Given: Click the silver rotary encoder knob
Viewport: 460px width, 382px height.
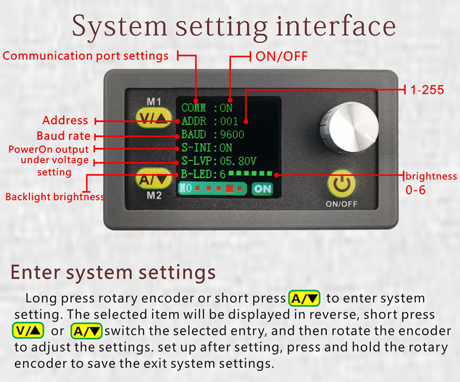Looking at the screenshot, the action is tap(349, 127).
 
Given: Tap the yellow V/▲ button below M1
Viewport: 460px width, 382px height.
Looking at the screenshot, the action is tap(154, 118).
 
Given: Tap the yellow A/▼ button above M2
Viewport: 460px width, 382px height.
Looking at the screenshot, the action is tap(154, 178).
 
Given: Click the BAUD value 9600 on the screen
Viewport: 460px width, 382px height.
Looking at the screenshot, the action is tap(232, 135).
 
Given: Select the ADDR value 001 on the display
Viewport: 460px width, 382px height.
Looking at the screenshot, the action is tap(229, 121).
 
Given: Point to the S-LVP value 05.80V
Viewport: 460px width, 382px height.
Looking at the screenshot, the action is tap(238, 161).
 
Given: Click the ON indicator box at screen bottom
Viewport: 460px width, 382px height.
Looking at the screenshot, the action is tap(263, 189).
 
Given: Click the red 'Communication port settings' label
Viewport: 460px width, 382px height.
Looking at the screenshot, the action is tap(85, 56).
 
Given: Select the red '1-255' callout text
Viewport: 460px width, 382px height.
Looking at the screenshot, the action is tap(427, 90).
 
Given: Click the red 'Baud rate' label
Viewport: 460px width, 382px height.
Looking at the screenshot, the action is tap(63, 136).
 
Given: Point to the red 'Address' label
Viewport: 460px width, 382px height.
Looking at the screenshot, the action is tap(65, 120).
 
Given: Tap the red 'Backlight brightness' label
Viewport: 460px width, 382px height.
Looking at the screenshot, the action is tap(55, 197).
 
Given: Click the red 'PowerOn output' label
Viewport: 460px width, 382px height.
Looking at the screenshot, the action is tap(48, 149).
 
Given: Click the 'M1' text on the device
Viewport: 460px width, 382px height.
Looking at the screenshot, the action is tap(154, 102).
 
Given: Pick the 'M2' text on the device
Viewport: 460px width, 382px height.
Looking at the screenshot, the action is tap(154, 196).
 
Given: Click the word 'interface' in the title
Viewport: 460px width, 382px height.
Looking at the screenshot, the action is tap(336, 26).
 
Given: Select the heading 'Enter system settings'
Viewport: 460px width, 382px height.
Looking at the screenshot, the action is tap(113, 272).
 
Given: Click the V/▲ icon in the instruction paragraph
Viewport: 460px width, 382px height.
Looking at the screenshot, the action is tap(28, 331).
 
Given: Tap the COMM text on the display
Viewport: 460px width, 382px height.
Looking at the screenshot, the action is tap(194, 108).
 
